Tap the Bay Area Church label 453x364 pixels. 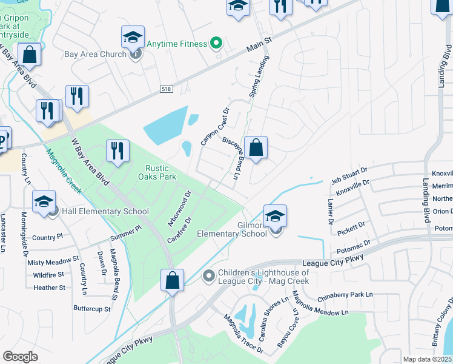(95, 54)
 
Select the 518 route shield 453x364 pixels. (167, 89)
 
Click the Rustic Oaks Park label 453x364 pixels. (160, 172)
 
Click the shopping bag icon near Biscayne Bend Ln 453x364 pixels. (256, 147)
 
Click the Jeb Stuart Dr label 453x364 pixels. (349, 175)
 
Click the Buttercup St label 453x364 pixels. (92, 309)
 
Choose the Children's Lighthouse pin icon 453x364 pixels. (209, 277)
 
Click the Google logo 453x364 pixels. (21, 357)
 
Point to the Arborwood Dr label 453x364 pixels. (179, 208)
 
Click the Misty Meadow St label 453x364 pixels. (53, 262)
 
